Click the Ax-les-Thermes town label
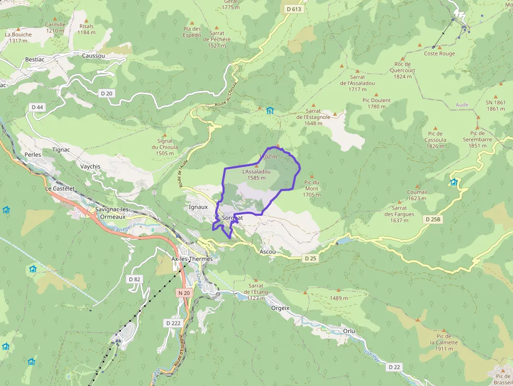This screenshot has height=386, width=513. (192, 259)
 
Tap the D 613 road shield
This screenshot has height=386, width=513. (294, 9)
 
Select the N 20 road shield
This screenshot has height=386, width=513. (184, 293)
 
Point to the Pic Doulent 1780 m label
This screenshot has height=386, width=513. (376, 103)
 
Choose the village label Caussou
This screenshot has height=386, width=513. (93, 56)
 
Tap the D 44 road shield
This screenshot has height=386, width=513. (37, 107)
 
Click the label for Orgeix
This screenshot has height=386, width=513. (281, 308)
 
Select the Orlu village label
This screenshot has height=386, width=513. (349, 331)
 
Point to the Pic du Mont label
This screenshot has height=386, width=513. (311, 189)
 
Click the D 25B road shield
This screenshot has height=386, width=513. (434, 219)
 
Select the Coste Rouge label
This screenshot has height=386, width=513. (439, 53)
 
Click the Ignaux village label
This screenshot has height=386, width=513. (198, 207)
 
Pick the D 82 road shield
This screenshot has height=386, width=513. (135, 279)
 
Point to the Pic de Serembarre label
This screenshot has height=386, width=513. (477, 139)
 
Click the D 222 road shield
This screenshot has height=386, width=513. (173, 323)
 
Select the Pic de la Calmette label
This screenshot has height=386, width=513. (444, 343)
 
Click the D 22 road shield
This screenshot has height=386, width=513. (394, 367)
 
